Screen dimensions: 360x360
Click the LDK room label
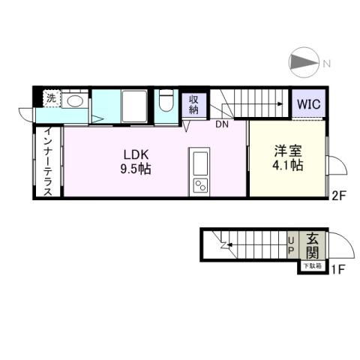[137, 155]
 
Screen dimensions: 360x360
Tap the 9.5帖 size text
[137, 169]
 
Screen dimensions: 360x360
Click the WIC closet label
[308, 104]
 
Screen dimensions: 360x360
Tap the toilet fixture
[166, 103]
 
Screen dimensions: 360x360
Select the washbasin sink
[75, 102]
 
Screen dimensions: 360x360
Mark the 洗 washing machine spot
[50, 98]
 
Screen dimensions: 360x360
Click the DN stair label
[223, 125]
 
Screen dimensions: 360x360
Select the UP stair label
[292, 245]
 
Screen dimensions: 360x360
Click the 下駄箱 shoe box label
[311, 266]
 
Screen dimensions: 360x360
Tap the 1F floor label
[337, 268]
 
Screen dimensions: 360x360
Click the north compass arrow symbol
[304, 62]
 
